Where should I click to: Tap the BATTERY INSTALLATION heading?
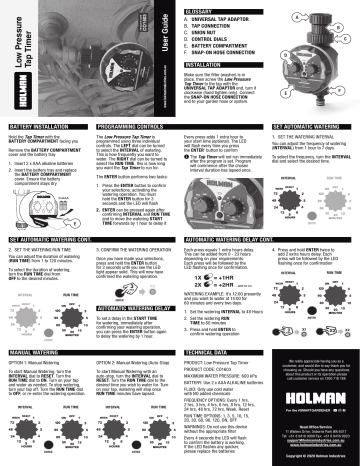click(37, 129)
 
